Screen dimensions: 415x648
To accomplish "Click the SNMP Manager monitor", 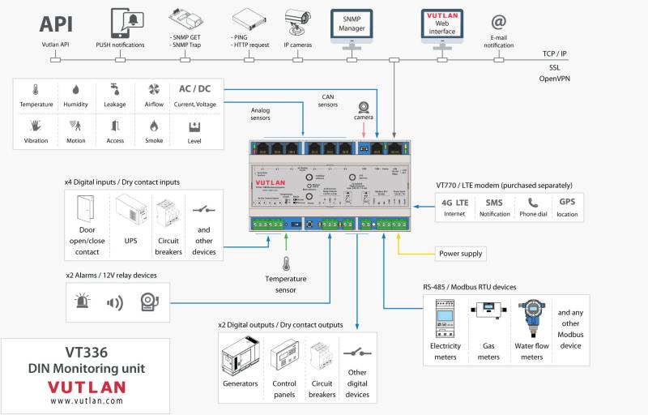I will click(352, 25).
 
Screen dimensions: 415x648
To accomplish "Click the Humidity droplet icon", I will click(75, 90).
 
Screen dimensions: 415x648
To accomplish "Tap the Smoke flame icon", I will click(153, 126).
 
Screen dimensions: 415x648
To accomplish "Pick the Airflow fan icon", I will click(153, 90).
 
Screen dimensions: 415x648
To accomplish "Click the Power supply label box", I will click(460, 253).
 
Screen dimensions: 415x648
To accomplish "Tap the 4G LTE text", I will click(454, 202).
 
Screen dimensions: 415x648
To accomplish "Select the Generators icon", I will click(241, 357).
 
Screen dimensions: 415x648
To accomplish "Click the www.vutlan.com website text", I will click(86, 400).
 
